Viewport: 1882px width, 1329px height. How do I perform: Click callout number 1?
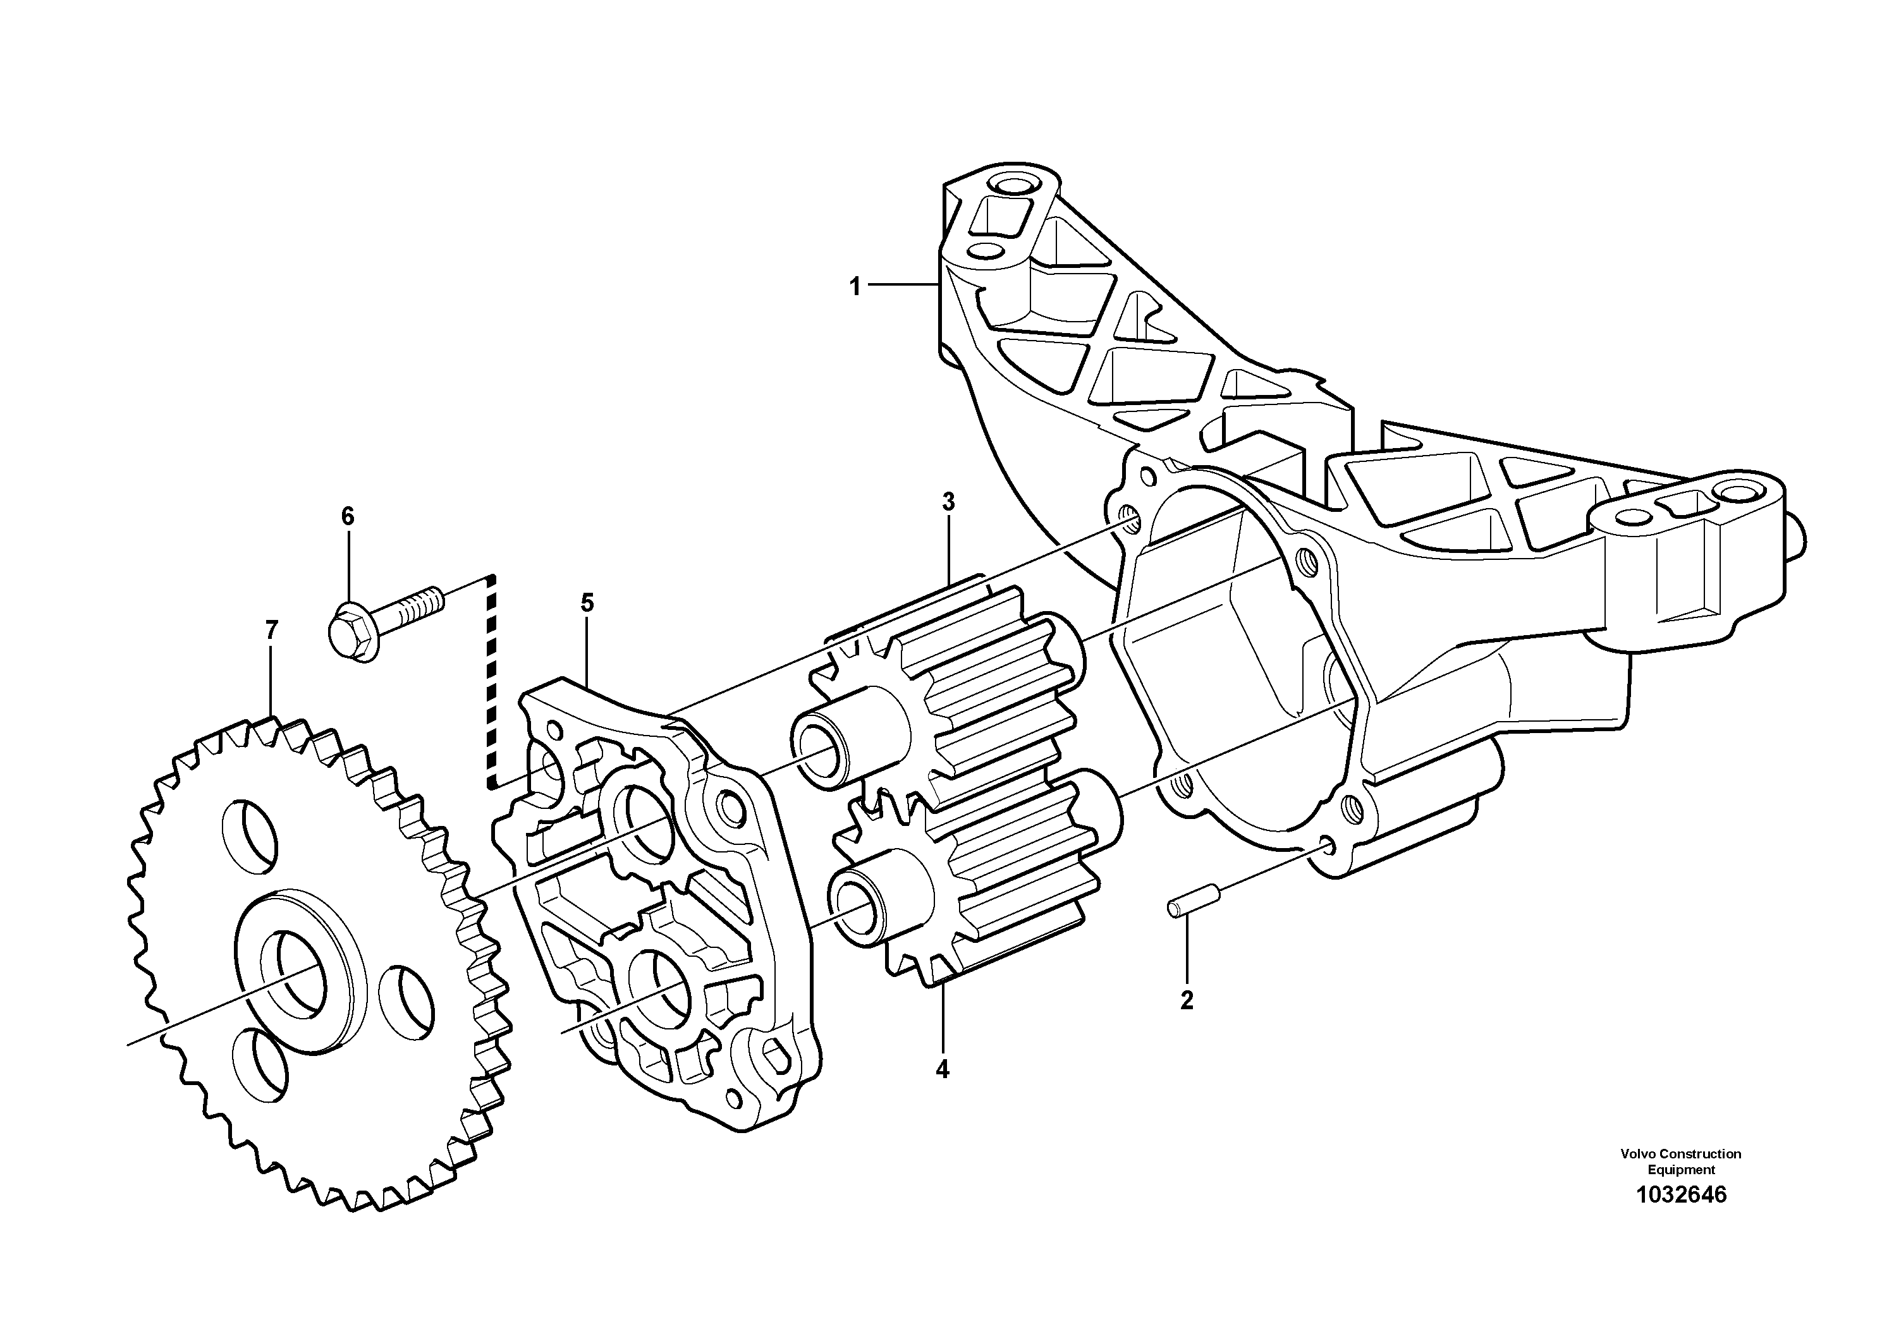coord(855,288)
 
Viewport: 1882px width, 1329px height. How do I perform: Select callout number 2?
coord(1186,1000)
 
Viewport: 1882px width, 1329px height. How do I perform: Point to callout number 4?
coord(943,1069)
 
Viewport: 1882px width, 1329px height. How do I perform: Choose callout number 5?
coord(587,603)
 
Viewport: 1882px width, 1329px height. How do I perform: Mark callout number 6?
coord(348,516)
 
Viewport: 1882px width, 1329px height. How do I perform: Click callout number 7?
coord(271,630)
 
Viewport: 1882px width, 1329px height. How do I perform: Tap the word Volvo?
coord(1636,1154)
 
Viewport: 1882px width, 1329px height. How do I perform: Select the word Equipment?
coord(1681,1170)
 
